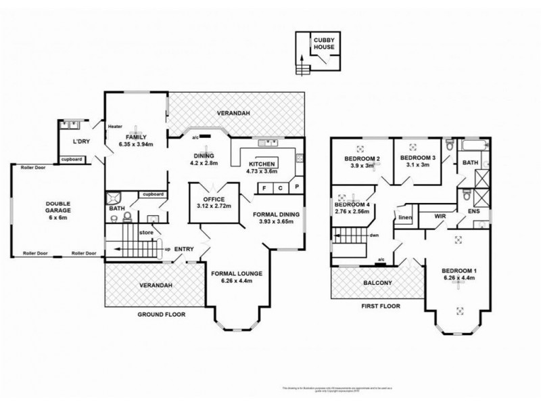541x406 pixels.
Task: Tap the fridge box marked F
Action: point(263,188)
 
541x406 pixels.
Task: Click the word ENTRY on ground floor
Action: point(185,250)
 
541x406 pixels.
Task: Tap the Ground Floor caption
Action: point(162,314)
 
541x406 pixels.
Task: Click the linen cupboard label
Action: point(405,217)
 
